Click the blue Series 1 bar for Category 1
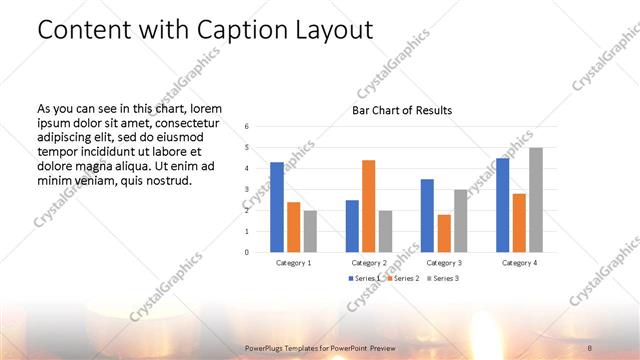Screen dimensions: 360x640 277,207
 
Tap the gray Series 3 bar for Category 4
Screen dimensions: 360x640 536,200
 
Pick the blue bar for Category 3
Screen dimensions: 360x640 427,215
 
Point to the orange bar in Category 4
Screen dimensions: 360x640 519,222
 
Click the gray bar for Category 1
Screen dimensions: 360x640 311,231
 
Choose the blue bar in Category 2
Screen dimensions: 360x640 352,226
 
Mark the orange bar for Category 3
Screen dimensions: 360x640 444,233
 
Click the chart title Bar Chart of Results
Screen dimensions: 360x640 402,110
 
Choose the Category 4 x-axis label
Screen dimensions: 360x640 518,262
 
